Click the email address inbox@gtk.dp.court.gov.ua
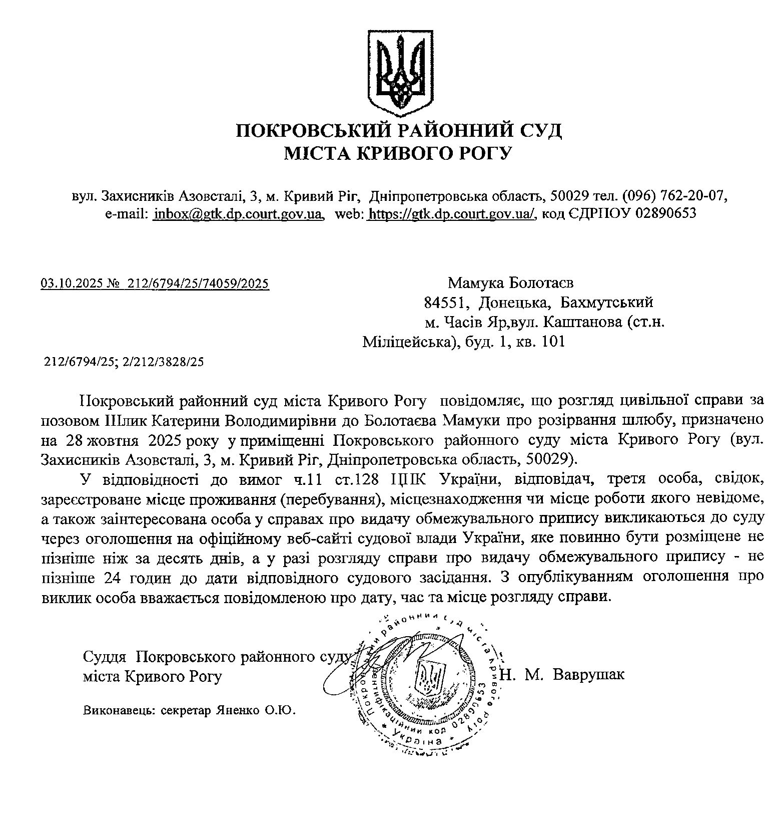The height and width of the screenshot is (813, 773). [238, 214]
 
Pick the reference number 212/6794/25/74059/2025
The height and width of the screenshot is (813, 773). [198, 285]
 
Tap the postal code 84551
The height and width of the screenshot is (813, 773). [446, 303]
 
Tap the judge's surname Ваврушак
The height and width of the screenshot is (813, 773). [589, 675]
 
